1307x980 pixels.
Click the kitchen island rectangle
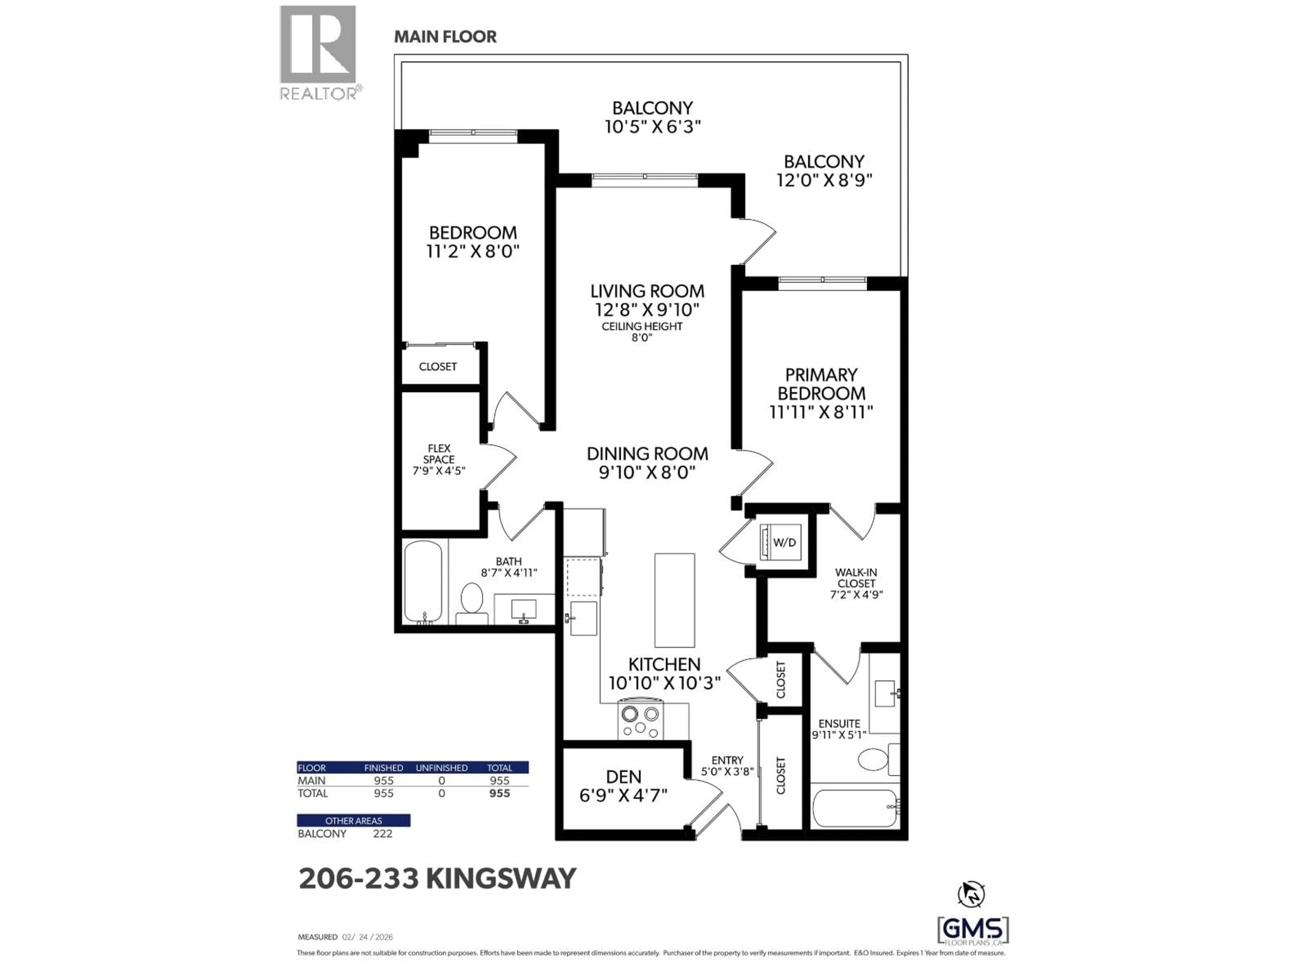[674, 600]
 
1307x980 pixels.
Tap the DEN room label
[623, 777]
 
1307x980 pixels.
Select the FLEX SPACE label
[439, 454]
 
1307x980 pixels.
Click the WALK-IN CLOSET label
[856, 578]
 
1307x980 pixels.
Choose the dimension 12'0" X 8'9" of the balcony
[824, 180]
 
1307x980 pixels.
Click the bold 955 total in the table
[499, 793]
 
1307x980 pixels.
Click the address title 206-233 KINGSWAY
[437, 878]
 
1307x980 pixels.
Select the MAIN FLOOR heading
[445, 37]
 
